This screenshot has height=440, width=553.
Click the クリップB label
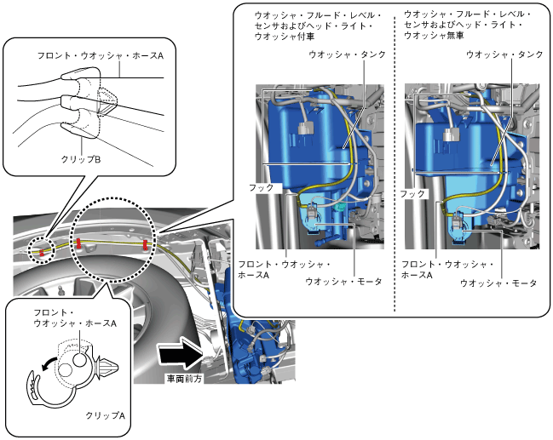tap(80, 158)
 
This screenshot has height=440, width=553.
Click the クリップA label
tap(106, 416)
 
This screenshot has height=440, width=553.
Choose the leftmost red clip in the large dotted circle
tap(79, 244)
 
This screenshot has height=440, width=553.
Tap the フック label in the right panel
tap(412, 194)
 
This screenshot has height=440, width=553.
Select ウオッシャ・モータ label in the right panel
tap(498, 283)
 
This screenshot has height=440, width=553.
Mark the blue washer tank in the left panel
tap(311, 145)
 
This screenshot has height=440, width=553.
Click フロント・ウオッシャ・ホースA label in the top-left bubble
tap(101, 54)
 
